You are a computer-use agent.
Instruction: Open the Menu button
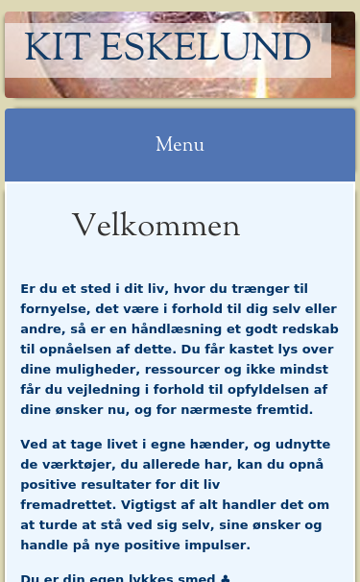pos(180,145)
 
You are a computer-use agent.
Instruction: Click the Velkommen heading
pos(156,226)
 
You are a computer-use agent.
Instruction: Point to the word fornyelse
pos(55,308)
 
